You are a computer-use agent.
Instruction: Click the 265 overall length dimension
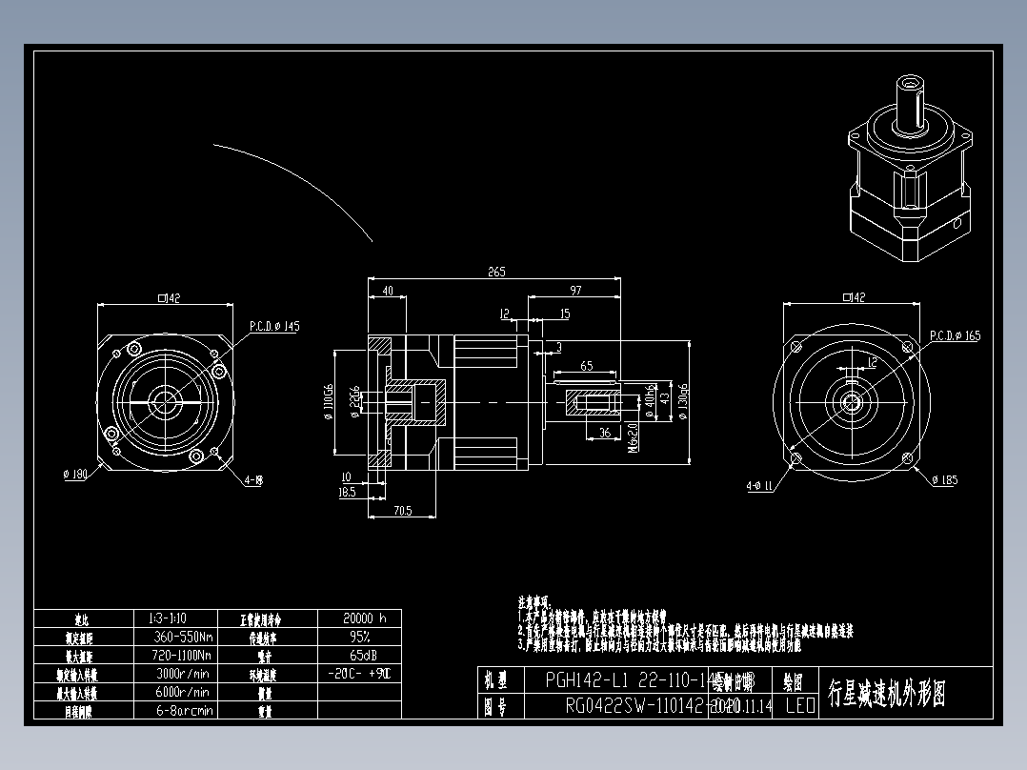point(495,272)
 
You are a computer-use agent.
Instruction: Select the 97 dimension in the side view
point(575,290)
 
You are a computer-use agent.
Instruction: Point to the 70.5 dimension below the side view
point(403,511)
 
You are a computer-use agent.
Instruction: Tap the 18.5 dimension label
point(347,493)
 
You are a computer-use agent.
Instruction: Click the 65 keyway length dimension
point(586,365)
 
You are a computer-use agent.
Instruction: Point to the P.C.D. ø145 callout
point(274,326)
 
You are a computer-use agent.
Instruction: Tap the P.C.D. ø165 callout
point(955,335)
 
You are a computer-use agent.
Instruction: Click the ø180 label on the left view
point(74,474)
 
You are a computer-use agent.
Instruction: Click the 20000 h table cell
point(358,618)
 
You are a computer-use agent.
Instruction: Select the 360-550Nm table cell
point(180,637)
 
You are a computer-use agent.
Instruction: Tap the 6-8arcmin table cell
point(180,710)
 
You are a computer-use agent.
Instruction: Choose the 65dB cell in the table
point(358,656)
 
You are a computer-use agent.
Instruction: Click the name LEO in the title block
point(799,706)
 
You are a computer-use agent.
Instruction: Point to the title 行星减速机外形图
point(886,694)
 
